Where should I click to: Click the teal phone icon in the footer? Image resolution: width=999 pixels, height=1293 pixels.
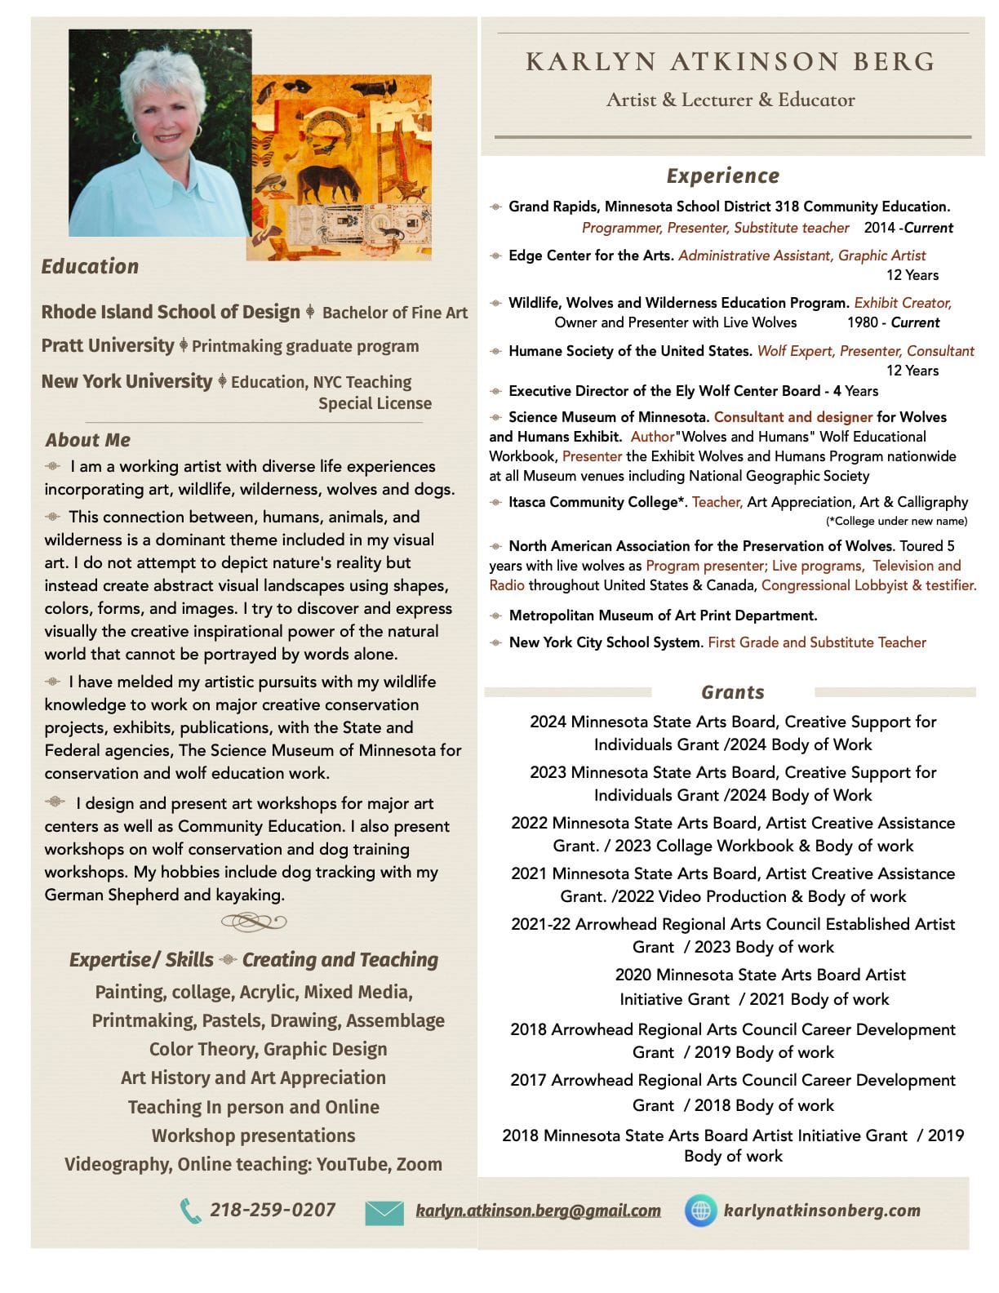190,1211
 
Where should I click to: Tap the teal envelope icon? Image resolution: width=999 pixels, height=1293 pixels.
384,1212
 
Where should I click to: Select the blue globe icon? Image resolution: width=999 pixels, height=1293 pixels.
700,1211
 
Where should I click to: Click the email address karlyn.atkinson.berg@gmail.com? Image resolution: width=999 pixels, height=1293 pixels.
538,1211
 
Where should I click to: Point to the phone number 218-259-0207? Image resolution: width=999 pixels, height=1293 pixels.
273,1210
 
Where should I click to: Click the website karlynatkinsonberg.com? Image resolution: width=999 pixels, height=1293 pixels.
822,1211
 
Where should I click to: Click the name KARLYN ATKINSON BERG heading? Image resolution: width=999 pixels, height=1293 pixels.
730,62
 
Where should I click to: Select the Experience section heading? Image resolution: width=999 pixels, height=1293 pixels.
723,176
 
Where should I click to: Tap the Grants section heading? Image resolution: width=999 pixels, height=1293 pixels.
733,692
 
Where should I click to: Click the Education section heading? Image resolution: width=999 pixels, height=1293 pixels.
90,266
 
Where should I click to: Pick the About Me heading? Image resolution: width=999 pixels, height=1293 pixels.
88,440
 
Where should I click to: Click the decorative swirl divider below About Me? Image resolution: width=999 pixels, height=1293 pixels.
254,922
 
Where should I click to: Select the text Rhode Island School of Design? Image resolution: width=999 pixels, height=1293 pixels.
171,312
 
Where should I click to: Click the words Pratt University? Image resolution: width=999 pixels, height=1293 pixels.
108,345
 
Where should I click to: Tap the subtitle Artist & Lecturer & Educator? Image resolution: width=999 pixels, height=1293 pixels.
730,100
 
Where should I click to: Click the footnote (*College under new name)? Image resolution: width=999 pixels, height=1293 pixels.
896,521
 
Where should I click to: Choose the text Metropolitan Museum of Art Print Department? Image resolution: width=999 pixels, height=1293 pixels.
663,615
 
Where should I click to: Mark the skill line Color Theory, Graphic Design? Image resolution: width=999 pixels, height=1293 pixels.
268,1049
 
